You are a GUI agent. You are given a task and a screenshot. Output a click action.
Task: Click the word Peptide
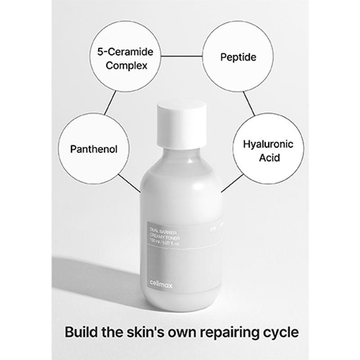tap(238, 57)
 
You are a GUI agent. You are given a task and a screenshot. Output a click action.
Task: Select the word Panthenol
tap(94, 148)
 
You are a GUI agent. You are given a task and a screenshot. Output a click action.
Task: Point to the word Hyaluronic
tap(261, 144)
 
